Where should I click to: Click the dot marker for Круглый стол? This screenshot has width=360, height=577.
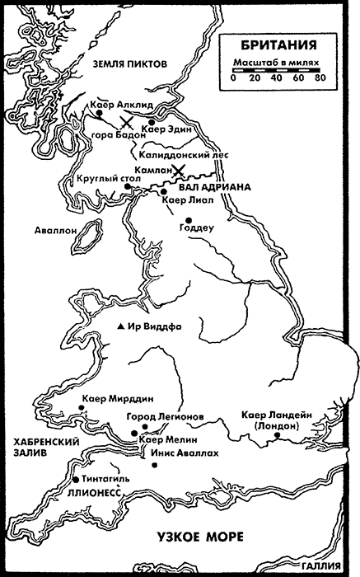[x=127, y=186]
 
